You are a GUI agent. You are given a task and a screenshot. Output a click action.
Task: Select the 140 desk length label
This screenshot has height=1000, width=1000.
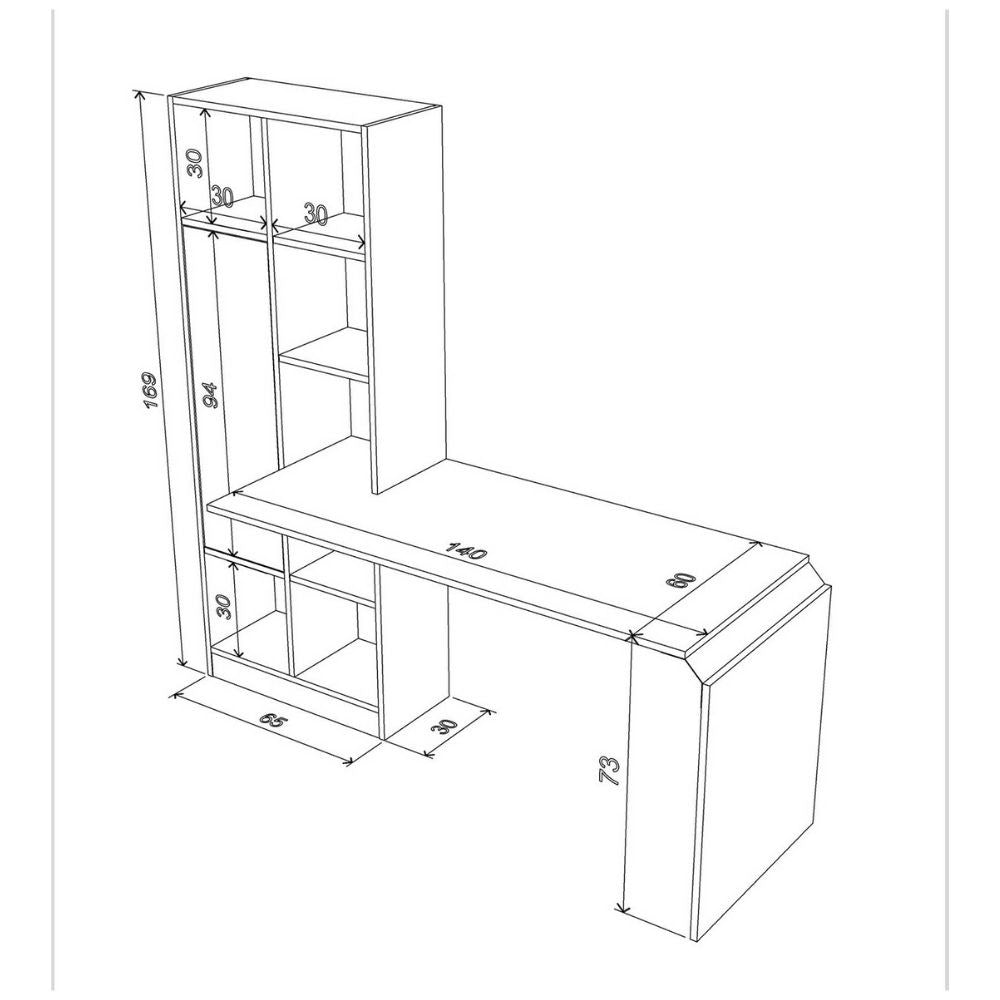[467, 550]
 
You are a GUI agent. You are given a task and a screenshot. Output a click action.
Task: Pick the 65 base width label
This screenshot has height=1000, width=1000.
[274, 719]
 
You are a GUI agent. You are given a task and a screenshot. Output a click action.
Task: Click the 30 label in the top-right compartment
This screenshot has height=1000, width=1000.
[316, 214]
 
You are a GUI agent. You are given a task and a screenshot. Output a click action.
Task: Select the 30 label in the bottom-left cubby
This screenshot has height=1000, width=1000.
[223, 605]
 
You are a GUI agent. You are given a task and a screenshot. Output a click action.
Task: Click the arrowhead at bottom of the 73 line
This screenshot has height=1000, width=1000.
[624, 907]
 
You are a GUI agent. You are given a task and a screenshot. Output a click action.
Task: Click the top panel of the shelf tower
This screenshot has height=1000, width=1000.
[306, 102]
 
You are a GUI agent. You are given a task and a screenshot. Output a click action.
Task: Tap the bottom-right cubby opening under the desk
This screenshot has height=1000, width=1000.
[334, 658]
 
